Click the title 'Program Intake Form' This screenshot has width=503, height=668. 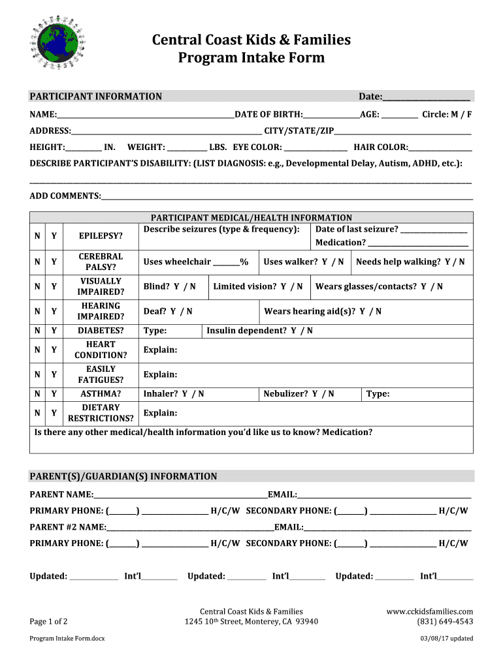pos(252,58)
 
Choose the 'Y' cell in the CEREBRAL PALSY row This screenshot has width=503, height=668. pos(54,262)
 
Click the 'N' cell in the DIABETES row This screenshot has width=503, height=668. pos(37,331)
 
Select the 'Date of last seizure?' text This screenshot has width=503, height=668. pos(357,229)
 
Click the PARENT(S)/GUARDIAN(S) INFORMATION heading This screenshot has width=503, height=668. pos(123,476)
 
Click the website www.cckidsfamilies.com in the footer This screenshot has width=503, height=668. pos(429,611)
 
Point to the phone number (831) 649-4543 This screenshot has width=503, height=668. pos(445,622)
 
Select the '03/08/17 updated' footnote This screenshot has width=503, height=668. pos(447,639)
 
